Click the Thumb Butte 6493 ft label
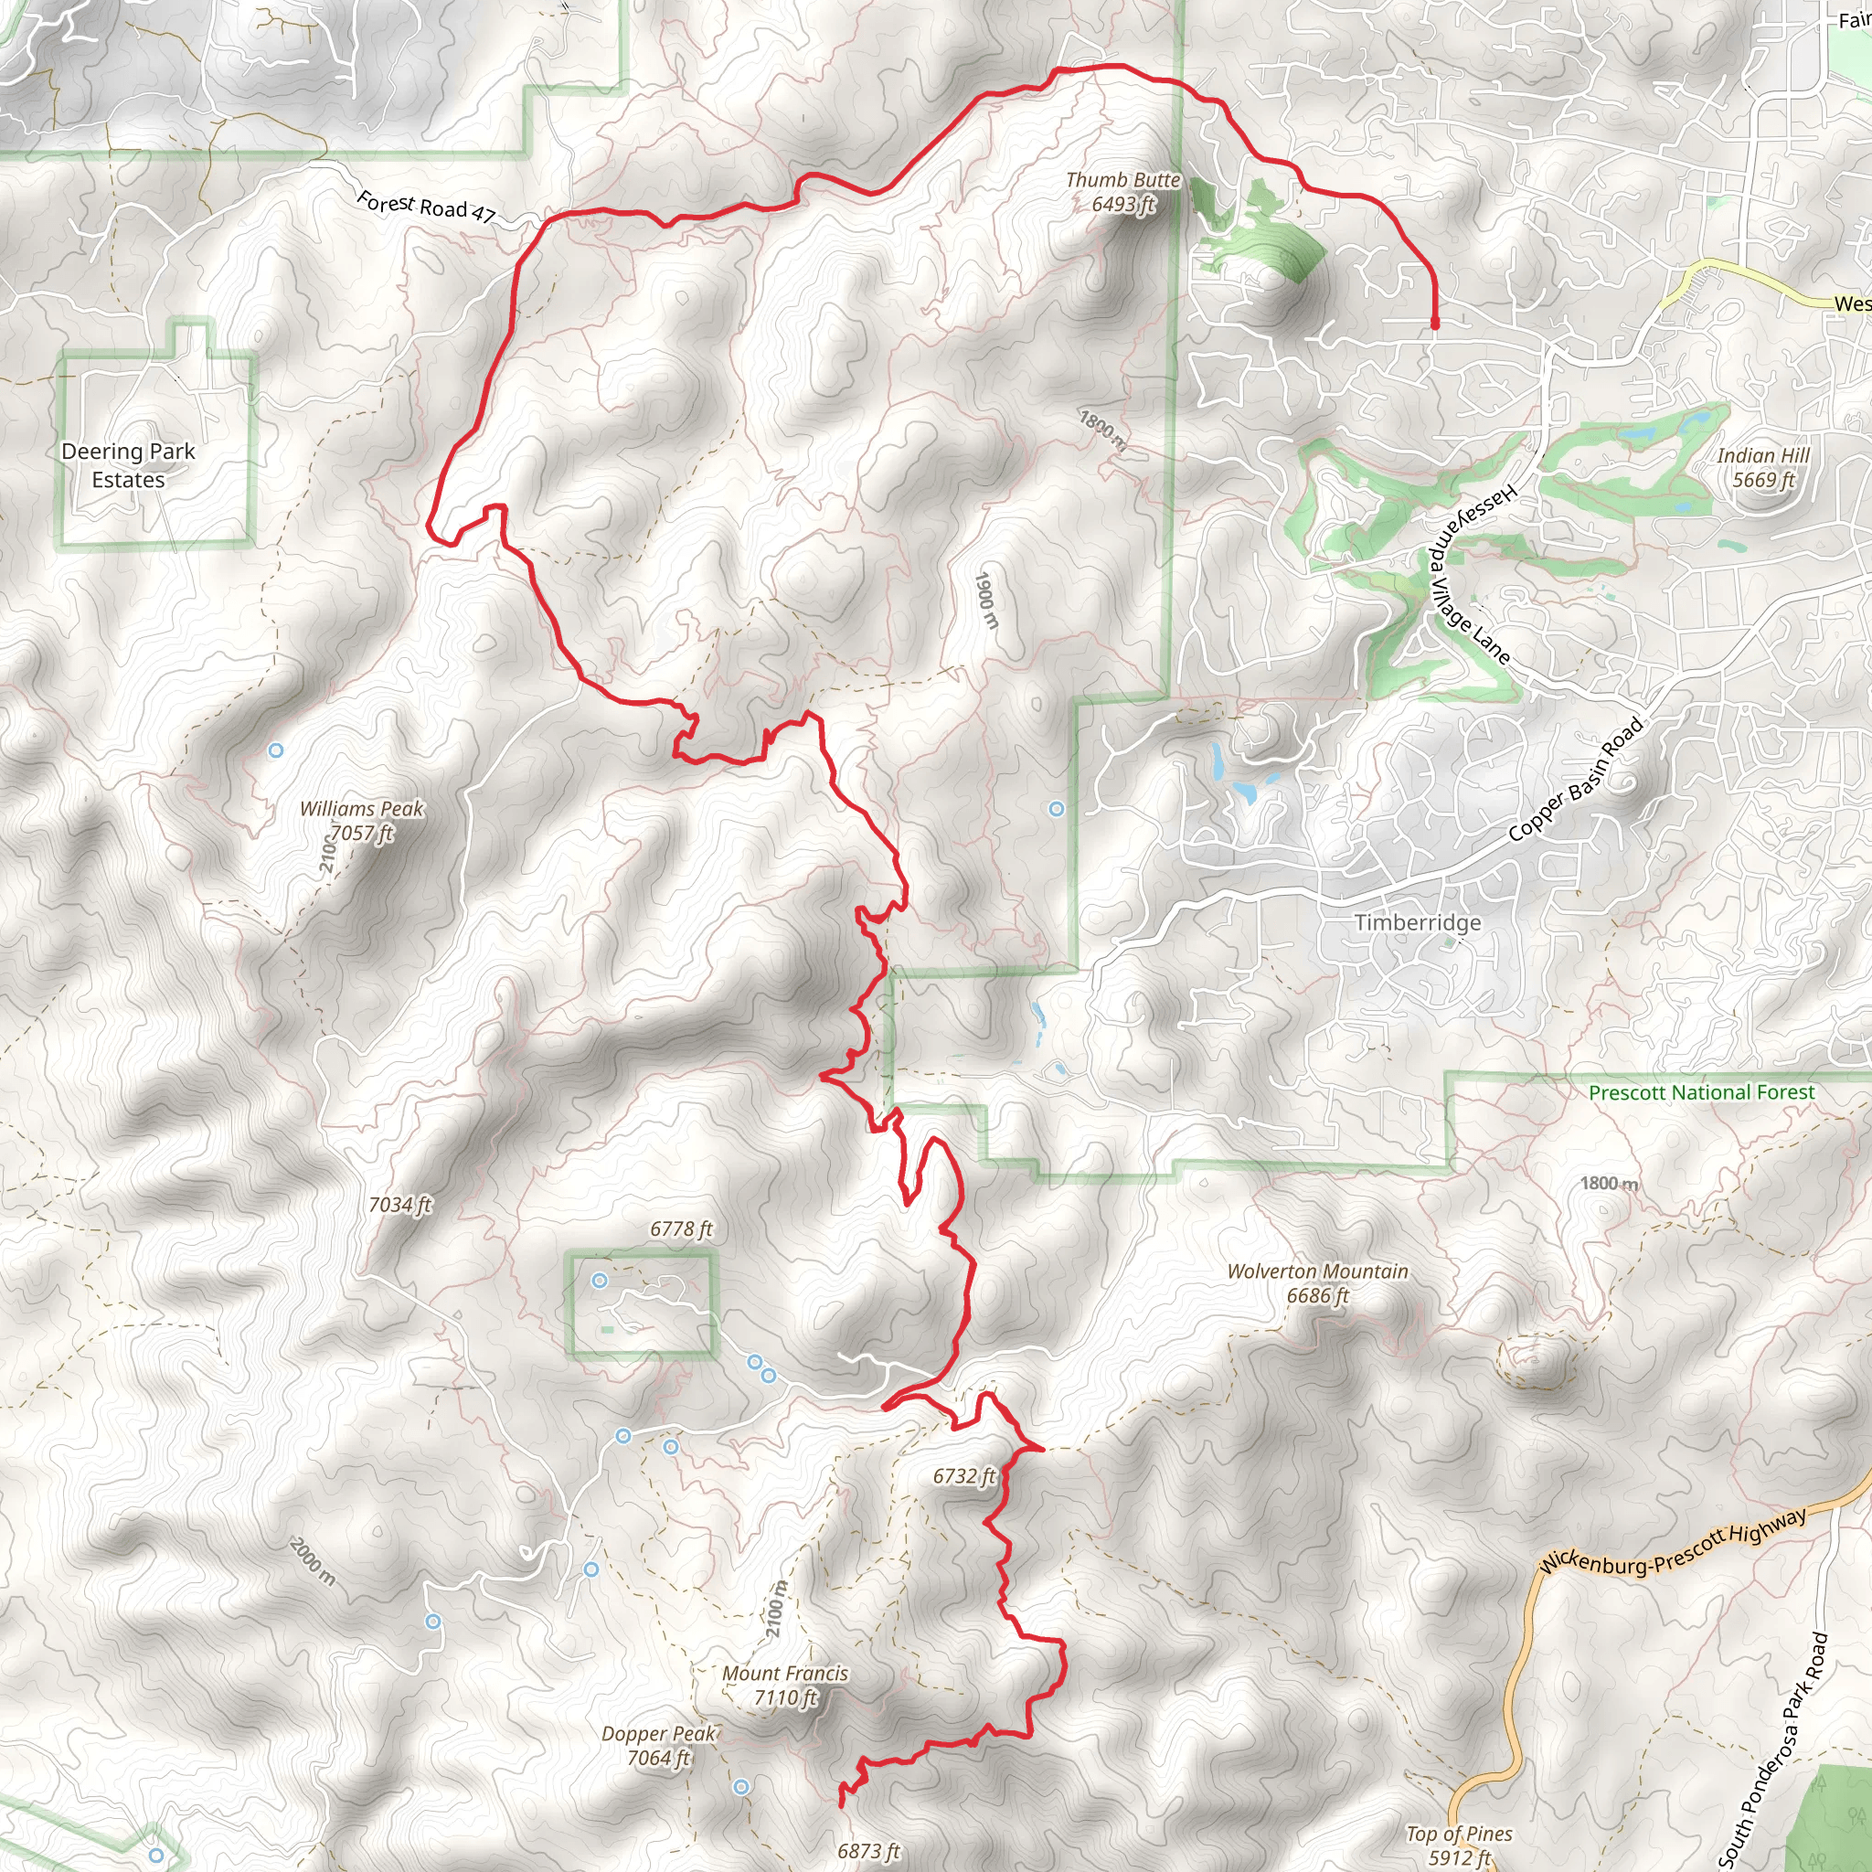[1123, 192]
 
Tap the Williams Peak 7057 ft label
[361, 821]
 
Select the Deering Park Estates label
[128, 465]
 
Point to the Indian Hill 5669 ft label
[1762, 467]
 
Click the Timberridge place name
[1417, 922]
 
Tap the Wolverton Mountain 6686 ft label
[1317, 1282]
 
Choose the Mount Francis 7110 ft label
[785, 1685]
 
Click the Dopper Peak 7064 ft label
[658, 1745]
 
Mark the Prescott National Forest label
[1700, 1092]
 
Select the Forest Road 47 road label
[426, 207]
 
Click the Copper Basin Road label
[1576, 779]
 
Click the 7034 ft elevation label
[400, 1205]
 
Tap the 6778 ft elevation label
[681, 1228]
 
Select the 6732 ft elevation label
[964, 1475]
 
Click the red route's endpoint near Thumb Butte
[1434, 324]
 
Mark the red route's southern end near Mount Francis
[840, 1804]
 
